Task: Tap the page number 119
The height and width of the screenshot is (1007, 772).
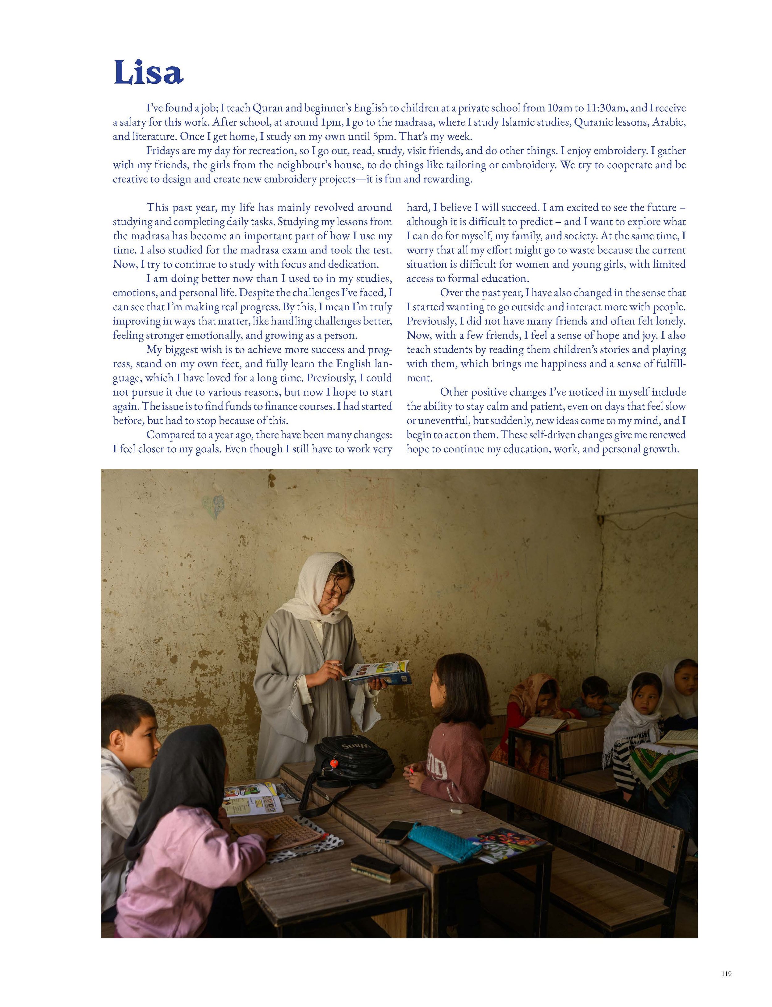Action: pos(726,983)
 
